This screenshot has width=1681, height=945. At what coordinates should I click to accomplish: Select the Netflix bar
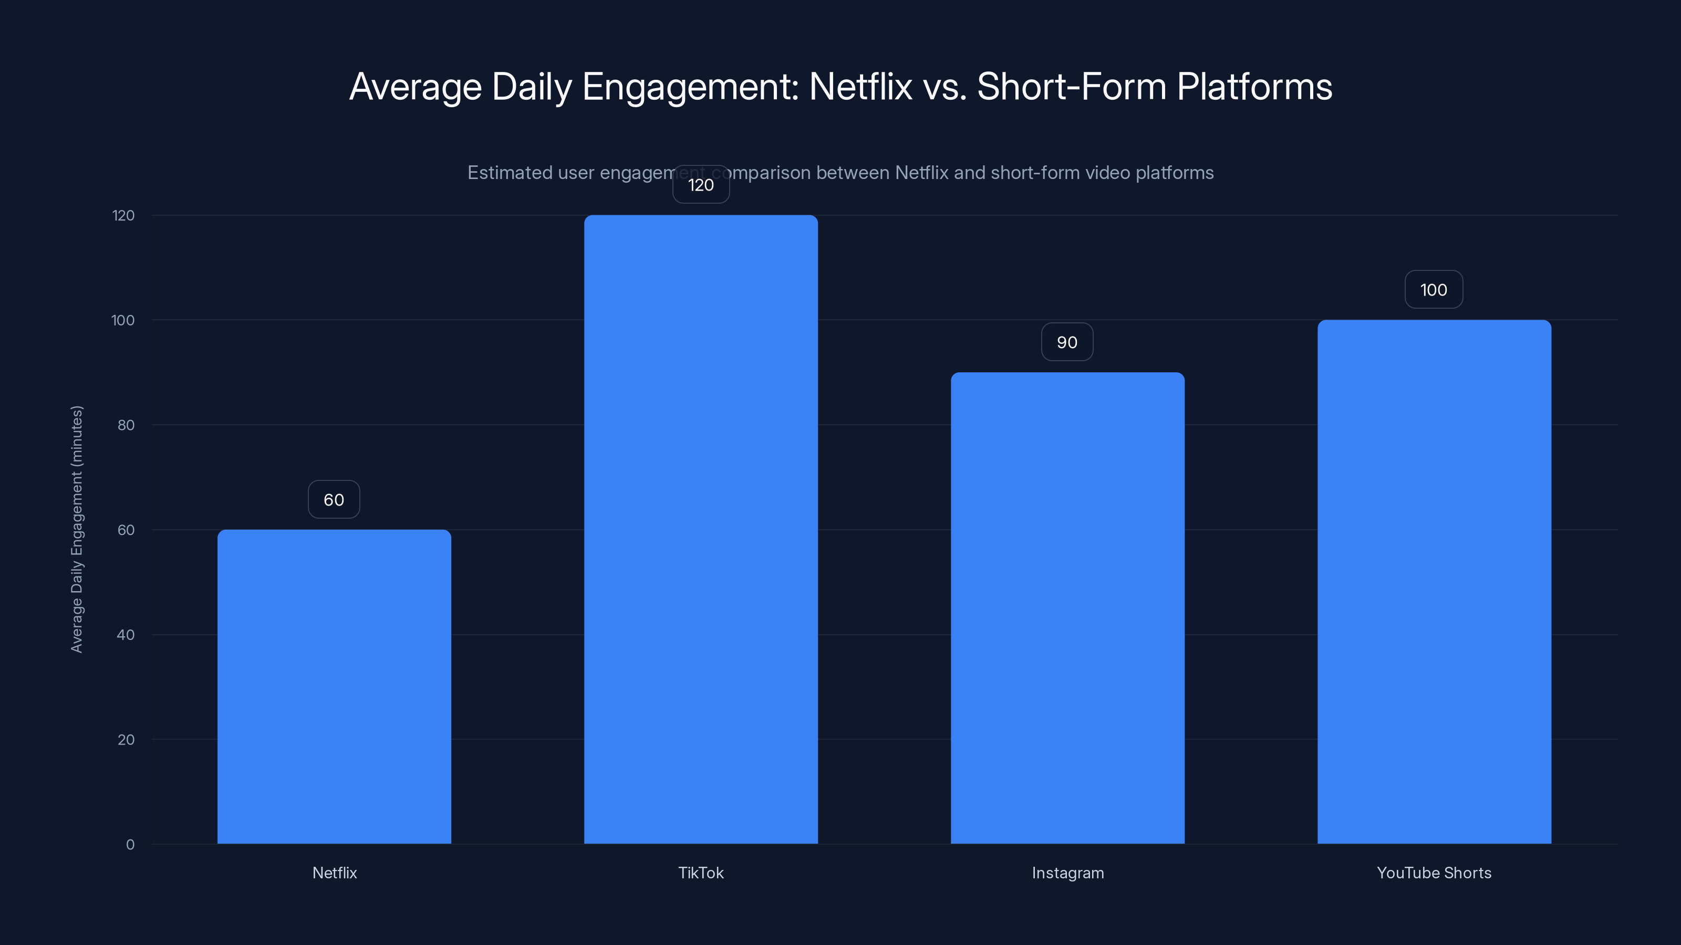[x=334, y=686]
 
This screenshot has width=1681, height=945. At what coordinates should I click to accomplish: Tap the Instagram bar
[x=1067, y=608]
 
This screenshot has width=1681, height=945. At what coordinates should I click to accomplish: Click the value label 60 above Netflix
[x=334, y=500]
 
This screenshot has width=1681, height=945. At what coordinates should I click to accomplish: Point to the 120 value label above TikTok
[x=701, y=185]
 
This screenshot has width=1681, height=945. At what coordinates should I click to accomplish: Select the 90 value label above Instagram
[x=1067, y=342]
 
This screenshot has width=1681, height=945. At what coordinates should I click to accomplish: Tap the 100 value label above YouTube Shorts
[x=1434, y=290]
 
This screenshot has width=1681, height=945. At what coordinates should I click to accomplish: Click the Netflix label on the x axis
[x=335, y=873]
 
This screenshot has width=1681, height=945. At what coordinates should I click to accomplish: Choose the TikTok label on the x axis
[x=701, y=873]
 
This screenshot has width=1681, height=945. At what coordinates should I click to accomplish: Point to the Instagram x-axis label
[x=1067, y=873]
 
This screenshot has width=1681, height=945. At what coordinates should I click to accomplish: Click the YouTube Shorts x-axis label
[x=1434, y=873]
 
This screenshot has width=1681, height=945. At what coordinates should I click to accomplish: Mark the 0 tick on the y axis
[x=130, y=845]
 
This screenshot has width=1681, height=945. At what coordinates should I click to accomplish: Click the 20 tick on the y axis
[x=126, y=740]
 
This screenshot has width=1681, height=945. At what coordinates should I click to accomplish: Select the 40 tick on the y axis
[x=126, y=635]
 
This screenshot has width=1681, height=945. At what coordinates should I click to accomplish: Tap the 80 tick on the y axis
[x=126, y=425]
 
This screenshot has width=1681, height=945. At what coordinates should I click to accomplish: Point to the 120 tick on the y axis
[x=123, y=215]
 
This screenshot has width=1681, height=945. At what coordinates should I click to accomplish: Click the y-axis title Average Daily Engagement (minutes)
[x=77, y=529]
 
